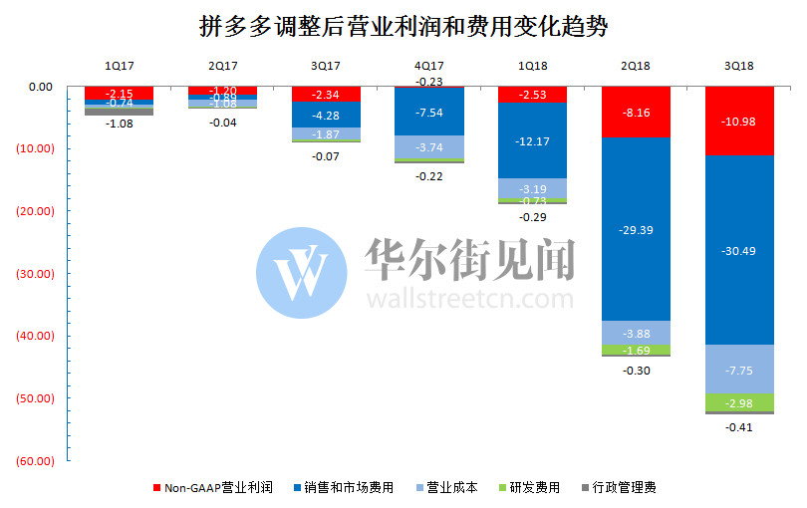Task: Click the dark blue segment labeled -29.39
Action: (x=635, y=228)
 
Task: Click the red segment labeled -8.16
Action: (x=635, y=112)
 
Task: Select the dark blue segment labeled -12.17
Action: (x=532, y=140)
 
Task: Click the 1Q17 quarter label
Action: (x=120, y=66)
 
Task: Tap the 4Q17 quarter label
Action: (x=428, y=66)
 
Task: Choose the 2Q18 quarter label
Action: (x=635, y=66)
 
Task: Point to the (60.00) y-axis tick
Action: (x=34, y=461)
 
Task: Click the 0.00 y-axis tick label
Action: (x=41, y=87)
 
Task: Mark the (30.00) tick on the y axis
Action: (x=34, y=274)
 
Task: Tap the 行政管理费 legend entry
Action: (x=617, y=487)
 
